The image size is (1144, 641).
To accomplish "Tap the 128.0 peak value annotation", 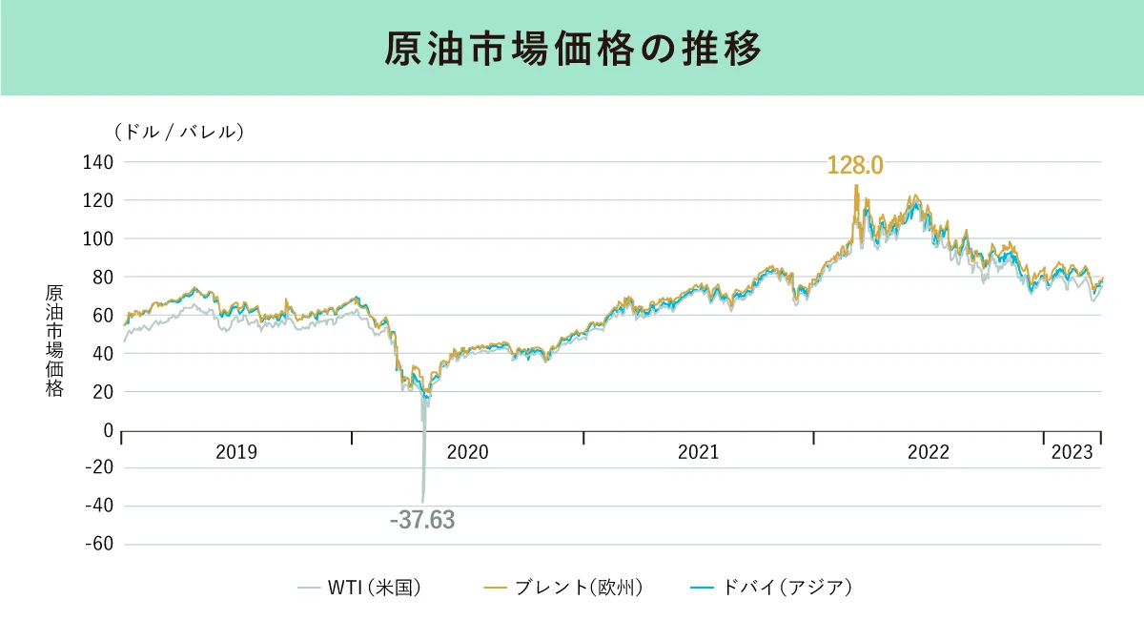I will pyautogui.click(x=855, y=165).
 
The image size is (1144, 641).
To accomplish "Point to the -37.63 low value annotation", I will pyautogui.click(x=422, y=521).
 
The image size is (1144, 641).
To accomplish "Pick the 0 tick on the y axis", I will pyautogui.click(x=108, y=430).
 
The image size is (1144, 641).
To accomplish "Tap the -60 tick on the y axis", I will pyautogui.click(x=98, y=545).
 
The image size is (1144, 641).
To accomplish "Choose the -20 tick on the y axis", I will pyautogui.click(x=98, y=468).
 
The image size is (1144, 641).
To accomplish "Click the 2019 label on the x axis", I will pyautogui.click(x=236, y=452).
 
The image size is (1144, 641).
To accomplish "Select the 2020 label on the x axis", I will pyautogui.click(x=467, y=452).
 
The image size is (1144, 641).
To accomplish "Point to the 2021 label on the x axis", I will pyautogui.click(x=698, y=452).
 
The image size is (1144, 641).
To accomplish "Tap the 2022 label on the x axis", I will pyautogui.click(x=928, y=452).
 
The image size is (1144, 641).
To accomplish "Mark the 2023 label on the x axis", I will pyautogui.click(x=1072, y=452).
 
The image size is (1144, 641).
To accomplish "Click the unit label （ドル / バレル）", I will pyautogui.click(x=178, y=132).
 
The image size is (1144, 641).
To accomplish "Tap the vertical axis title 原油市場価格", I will pyautogui.click(x=54, y=341).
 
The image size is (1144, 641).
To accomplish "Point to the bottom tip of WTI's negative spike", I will pyautogui.click(x=423, y=501).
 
